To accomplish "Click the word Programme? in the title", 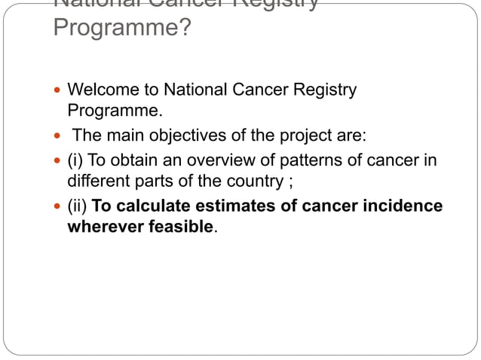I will (121, 28).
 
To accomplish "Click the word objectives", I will (187, 137).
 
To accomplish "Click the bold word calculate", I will (152, 206).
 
